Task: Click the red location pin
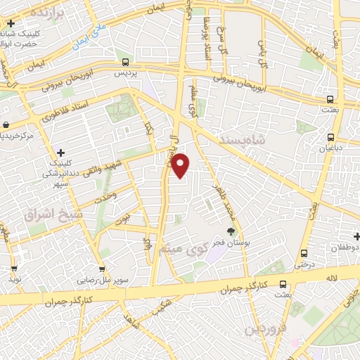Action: (181, 165)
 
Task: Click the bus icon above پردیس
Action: (125, 62)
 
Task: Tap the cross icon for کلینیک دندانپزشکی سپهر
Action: (61, 153)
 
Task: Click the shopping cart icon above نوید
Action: (14, 268)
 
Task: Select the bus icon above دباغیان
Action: (330, 137)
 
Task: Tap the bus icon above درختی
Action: (304, 253)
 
